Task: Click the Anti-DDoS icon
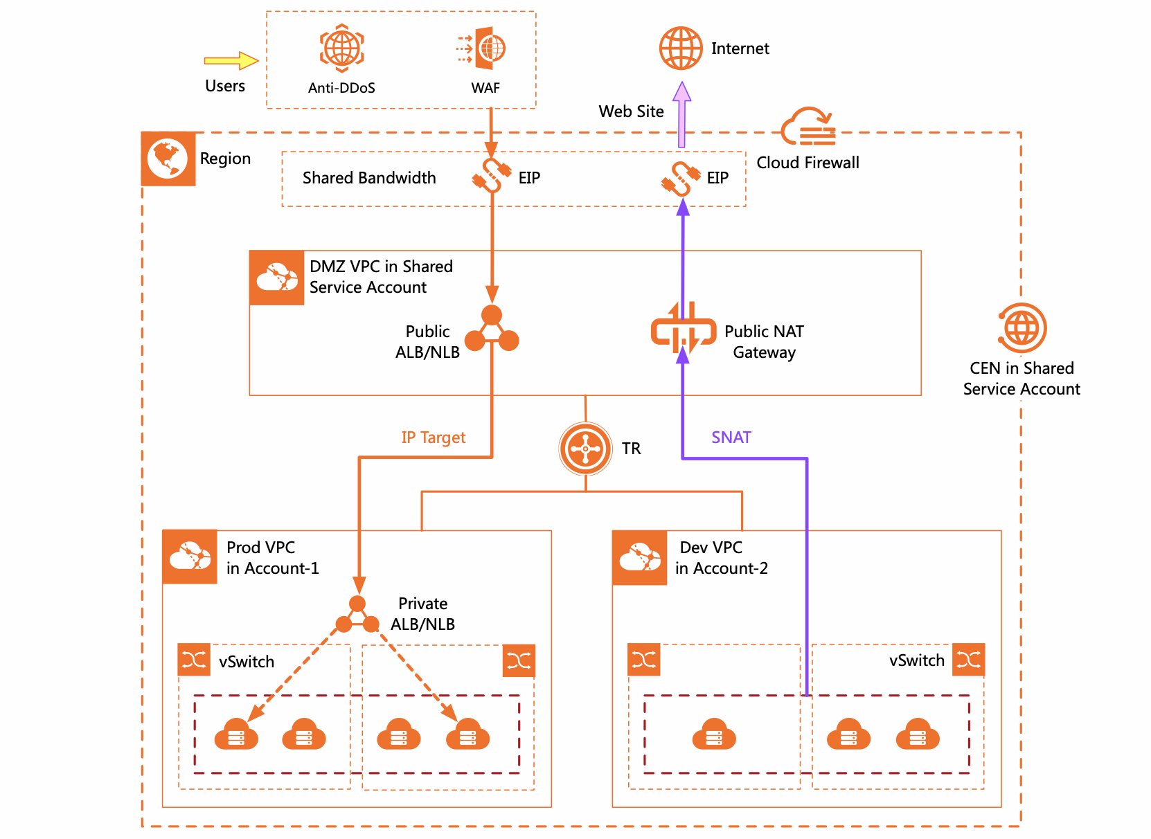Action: point(342,48)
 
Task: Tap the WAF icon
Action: point(483,48)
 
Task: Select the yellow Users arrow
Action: point(231,61)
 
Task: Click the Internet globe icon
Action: point(681,48)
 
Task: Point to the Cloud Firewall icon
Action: point(808,127)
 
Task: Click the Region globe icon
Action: point(168,159)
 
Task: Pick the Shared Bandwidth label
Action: point(369,178)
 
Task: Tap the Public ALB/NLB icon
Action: point(492,331)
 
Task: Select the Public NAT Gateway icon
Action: point(684,330)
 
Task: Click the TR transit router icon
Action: point(586,449)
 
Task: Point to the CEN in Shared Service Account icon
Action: point(1022,327)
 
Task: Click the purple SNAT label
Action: point(731,437)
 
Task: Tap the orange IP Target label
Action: point(434,437)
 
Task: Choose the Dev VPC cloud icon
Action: point(640,557)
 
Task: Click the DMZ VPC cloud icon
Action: point(277,278)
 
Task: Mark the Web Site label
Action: point(631,111)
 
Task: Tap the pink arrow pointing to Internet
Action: point(682,114)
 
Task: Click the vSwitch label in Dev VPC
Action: point(917,660)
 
